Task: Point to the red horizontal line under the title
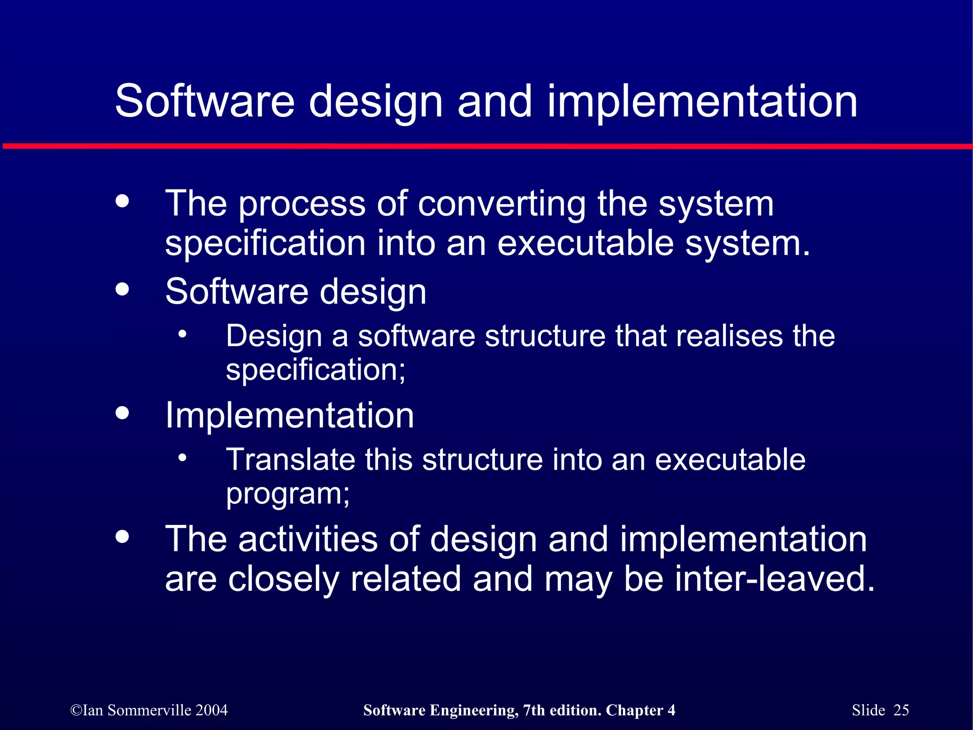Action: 486,146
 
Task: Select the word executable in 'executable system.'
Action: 585,243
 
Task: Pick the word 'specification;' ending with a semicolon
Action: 315,370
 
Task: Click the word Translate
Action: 290,460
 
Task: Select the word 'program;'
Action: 287,494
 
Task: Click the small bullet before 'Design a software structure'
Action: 182,334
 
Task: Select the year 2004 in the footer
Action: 211,710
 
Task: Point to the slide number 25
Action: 901,710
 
